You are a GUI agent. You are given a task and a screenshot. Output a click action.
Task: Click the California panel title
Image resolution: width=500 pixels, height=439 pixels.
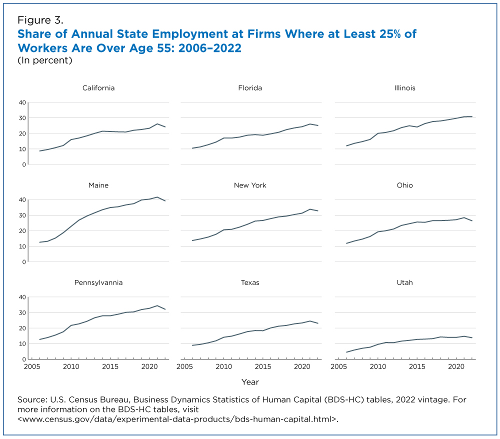coord(98,88)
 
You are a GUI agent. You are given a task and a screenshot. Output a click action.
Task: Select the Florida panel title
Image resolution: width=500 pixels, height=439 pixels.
coord(250,88)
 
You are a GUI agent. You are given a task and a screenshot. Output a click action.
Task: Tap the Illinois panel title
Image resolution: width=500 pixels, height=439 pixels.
coord(404,88)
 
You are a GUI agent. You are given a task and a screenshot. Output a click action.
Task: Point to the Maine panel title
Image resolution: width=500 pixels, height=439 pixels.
coord(98,185)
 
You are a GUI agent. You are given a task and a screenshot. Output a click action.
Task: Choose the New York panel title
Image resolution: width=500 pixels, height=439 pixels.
coord(250,185)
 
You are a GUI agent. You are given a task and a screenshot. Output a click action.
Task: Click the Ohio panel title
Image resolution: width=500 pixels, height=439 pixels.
coord(404,185)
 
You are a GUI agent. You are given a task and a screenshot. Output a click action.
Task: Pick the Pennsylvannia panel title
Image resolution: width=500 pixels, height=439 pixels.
coord(98,282)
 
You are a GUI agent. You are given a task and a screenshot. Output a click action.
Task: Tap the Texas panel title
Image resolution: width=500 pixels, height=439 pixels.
coord(250,282)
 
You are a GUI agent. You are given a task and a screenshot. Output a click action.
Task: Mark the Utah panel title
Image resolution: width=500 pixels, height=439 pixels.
coord(404,282)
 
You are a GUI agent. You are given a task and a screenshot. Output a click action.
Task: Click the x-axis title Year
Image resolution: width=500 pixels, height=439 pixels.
coord(250,382)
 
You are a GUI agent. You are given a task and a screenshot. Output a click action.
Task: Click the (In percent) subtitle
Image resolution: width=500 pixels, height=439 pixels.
coord(45,60)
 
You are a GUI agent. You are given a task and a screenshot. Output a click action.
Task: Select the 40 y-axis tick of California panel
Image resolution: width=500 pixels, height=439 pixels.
coord(22,102)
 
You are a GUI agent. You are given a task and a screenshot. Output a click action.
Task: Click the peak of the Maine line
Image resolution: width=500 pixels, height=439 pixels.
coord(157,197)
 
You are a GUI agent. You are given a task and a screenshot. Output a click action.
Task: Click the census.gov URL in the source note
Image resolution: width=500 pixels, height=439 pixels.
coord(178,419)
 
